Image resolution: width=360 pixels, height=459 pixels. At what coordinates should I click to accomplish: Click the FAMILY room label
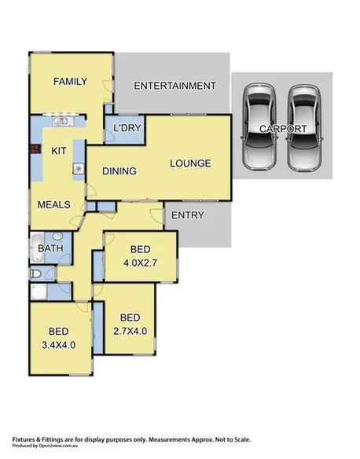68,81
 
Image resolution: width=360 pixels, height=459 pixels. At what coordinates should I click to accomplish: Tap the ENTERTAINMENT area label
174,86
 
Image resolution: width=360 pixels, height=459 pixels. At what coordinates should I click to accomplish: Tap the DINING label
119,171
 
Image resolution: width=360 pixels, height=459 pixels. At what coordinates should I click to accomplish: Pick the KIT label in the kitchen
58,151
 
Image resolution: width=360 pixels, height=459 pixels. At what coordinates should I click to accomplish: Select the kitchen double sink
60,121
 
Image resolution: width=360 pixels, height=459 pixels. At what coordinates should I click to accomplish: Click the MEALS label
54,204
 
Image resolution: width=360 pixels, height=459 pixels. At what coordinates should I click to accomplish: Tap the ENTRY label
186,215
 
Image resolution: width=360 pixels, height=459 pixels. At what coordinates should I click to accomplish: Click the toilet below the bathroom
35,274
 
